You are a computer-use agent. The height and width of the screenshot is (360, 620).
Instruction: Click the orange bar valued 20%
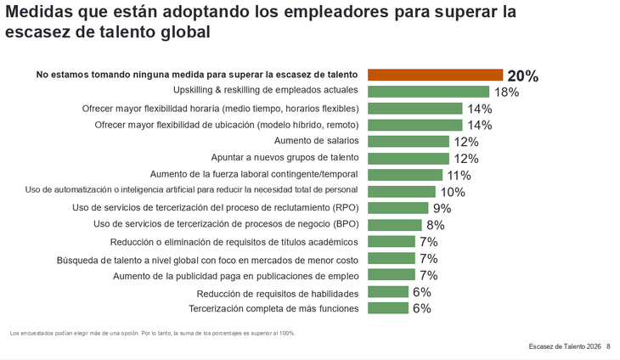[435, 75]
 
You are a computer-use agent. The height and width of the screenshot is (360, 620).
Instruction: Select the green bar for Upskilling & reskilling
[428, 92]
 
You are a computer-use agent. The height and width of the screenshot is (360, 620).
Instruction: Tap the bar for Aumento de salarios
[408, 142]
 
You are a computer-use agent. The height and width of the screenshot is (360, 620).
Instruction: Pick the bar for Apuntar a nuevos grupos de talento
[408, 158]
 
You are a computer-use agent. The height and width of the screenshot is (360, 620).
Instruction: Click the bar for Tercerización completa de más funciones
[388, 308]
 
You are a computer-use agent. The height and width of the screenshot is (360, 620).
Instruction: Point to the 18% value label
[507, 92]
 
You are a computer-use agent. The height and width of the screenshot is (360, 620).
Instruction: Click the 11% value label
[459, 175]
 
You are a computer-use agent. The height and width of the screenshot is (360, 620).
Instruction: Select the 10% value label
[452, 192]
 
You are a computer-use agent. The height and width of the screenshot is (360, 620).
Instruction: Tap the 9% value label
[442, 208]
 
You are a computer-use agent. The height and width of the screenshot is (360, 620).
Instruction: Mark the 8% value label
[435, 225]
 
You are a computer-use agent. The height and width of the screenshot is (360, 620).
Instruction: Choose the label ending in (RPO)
[216, 207]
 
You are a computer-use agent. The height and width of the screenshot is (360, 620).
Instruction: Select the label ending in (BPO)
[226, 224]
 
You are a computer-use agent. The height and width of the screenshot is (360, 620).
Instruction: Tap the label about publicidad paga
[236, 276]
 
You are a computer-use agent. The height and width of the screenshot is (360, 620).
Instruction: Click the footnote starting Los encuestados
[153, 333]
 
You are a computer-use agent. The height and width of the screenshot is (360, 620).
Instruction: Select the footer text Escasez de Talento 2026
[564, 347]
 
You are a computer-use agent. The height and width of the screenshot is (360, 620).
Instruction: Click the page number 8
[608, 347]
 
